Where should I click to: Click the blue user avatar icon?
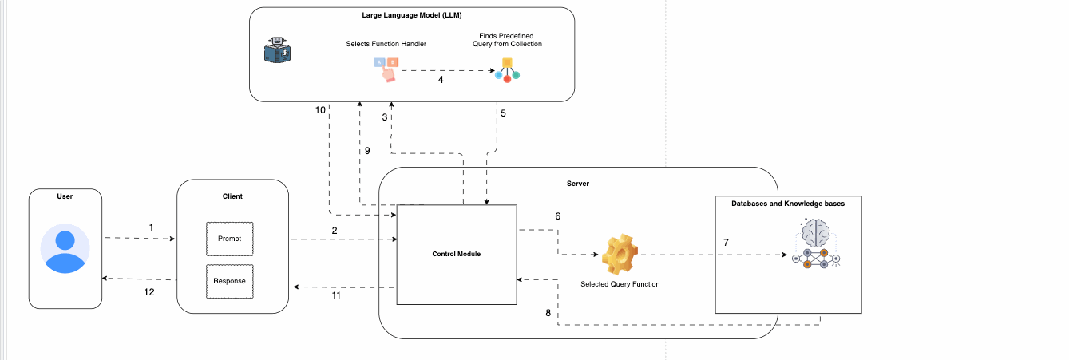[65, 249]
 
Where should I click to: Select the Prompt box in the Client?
[229, 239]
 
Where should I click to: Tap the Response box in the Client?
[229, 281]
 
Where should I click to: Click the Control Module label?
[456, 254]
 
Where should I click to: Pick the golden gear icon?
[620, 255]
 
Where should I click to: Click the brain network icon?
[816, 244]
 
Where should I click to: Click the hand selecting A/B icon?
[386, 69]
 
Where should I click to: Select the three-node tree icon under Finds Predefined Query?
[507, 71]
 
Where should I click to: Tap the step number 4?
[440, 80]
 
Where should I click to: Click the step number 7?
[726, 241]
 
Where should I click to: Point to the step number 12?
[149, 292]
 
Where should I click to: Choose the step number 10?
[320, 110]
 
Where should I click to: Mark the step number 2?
[335, 230]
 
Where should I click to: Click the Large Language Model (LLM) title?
[412, 14]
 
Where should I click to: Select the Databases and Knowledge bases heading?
[787, 204]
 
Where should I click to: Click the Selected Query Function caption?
[620, 284]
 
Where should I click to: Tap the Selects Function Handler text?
[386, 44]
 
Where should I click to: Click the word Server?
[577, 183]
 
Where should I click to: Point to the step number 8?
[548, 313]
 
